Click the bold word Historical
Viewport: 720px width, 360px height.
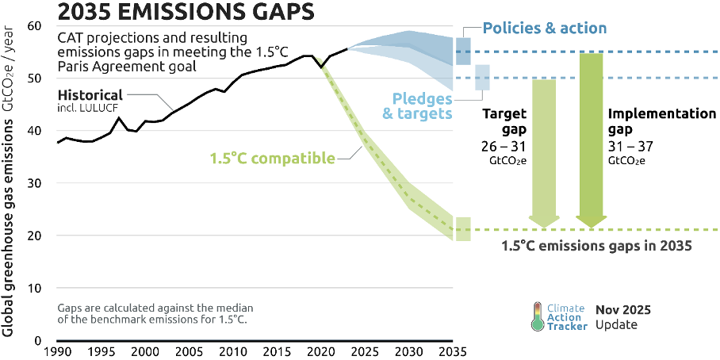pos(90,94)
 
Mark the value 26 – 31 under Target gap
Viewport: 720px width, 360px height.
pos(504,147)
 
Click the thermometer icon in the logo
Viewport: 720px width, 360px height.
pos(538,316)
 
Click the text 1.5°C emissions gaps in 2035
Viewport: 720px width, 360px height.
pos(597,246)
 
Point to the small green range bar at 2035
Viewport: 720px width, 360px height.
pos(463,229)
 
